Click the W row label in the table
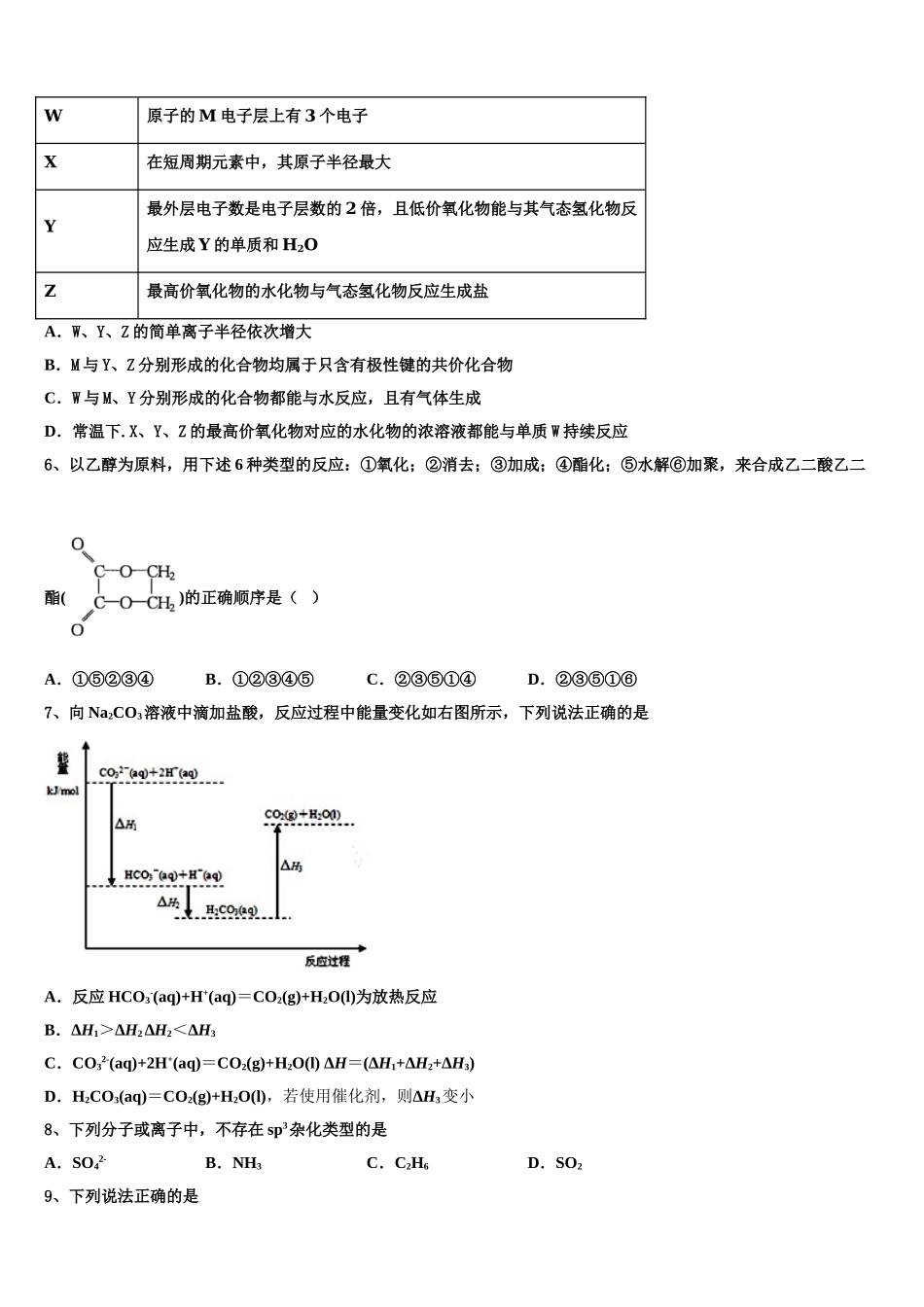[x=53, y=116]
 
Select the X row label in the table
[x=52, y=162]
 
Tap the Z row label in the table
[x=51, y=291]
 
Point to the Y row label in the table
[x=51, y=226]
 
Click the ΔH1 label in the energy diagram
[x=126, y=824]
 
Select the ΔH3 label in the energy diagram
[x=291, y=865]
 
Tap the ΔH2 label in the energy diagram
[x=168, y=902]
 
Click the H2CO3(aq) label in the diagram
[x=231, y=910]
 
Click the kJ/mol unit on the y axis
[x=62, y=791]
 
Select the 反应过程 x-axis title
[x=327, y=961]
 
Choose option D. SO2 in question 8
[x=555, y=1163]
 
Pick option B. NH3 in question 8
[x=234, y=1163]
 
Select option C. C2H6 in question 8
[x=398, y=1163]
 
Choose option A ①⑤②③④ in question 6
[x=100, y=680]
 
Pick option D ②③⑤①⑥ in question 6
[x=583, y=680]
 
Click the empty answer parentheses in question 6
[x=303, y=597]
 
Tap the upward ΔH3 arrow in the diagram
[x=277, y=870]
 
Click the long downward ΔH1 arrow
[x=112, y=834]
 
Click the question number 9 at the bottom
[x=51, y=1196]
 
